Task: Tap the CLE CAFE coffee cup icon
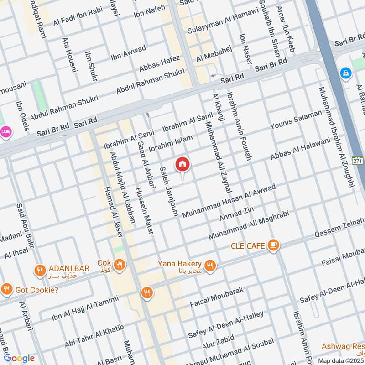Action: [x=273, y=245]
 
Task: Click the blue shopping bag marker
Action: [x=346, y=72]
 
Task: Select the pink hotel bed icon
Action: [x=5, y=131]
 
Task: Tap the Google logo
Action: [x=19, y=358]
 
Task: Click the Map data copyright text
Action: [x=341, y=360]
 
